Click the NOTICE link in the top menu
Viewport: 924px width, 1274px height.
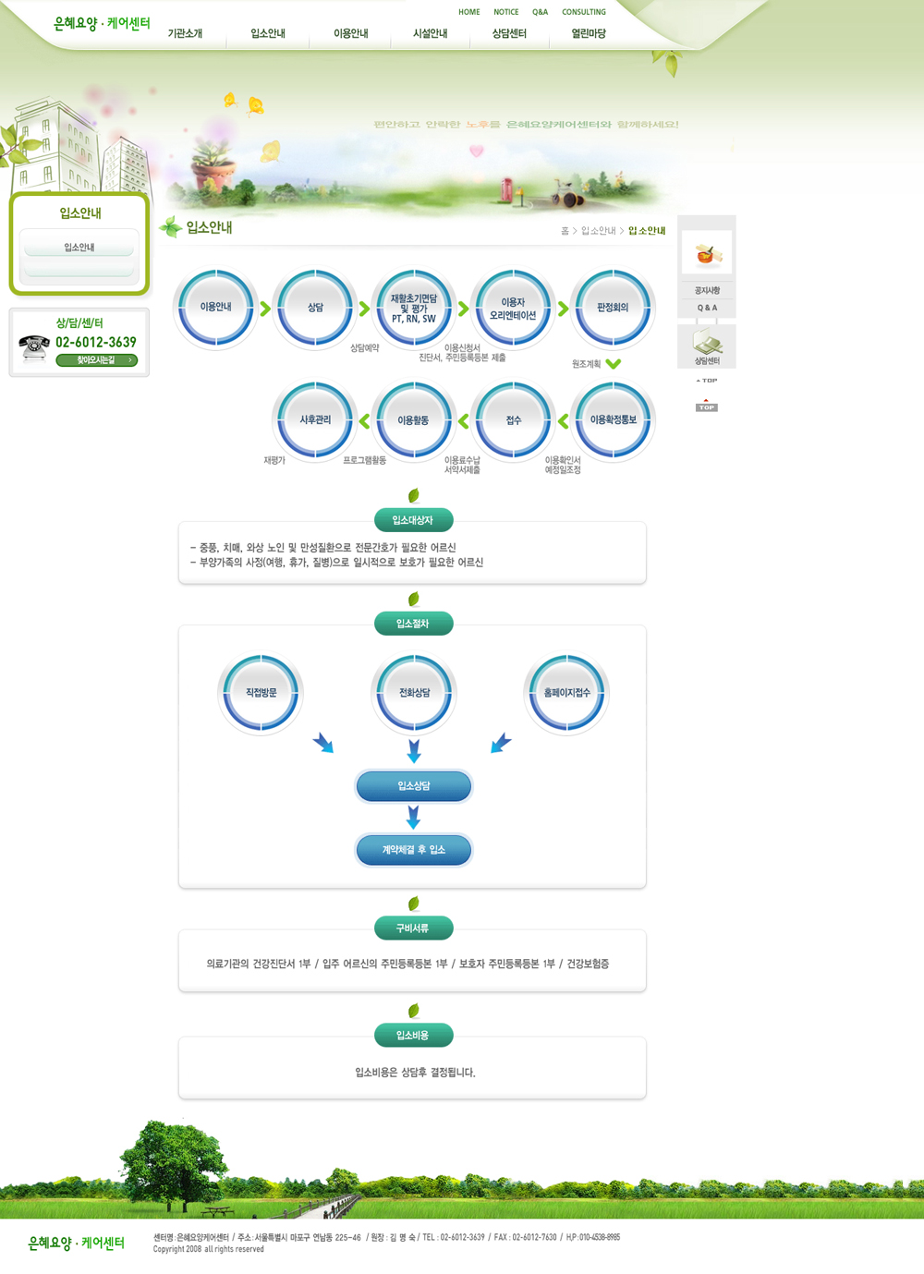pyautogui.click(x=505, y=12)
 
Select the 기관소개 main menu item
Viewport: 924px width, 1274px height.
pyautogui.click(x=185, y=33)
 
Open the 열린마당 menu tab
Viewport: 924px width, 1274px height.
pyautogui.click(x=589, y=33)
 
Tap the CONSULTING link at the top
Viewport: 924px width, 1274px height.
pyautogui.click(x=584, y=12)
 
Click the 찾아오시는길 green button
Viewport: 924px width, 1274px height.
pyautogui.click(x=96, y=360)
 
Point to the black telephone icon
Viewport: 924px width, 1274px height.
pyautogui.click(x=34, y=348)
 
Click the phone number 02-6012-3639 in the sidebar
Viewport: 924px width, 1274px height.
pyautogui.click(x=96, y=342)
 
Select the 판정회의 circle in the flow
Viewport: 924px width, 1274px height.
pyautogui.click(x=613, y=308)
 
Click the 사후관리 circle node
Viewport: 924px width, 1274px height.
pyautogui.click(x=315, y=419)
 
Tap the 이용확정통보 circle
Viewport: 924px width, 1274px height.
pyautogui.click(x=613, y=419)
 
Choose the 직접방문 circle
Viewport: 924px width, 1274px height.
pyautogui.click(x=261, y=693)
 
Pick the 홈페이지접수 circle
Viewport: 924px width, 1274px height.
pyautogui.click(x=566, y=693)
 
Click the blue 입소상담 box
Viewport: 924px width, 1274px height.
pyautogui.click(x=414, y=786)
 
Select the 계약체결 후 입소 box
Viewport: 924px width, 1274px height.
pyautogui.click(x=414, y=850)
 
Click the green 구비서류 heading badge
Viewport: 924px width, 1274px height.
pyautogui.click(x=413, y=928)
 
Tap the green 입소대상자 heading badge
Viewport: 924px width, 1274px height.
pyautogui.click(x=413, y=520)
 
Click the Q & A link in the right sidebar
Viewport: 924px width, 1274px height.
pyautogui.click(x=707, y=308)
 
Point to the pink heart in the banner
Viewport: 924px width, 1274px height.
pyautogui.click(x=477, y=151)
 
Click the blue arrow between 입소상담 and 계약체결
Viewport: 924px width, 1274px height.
pyautogui.click(x=413, y=818)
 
